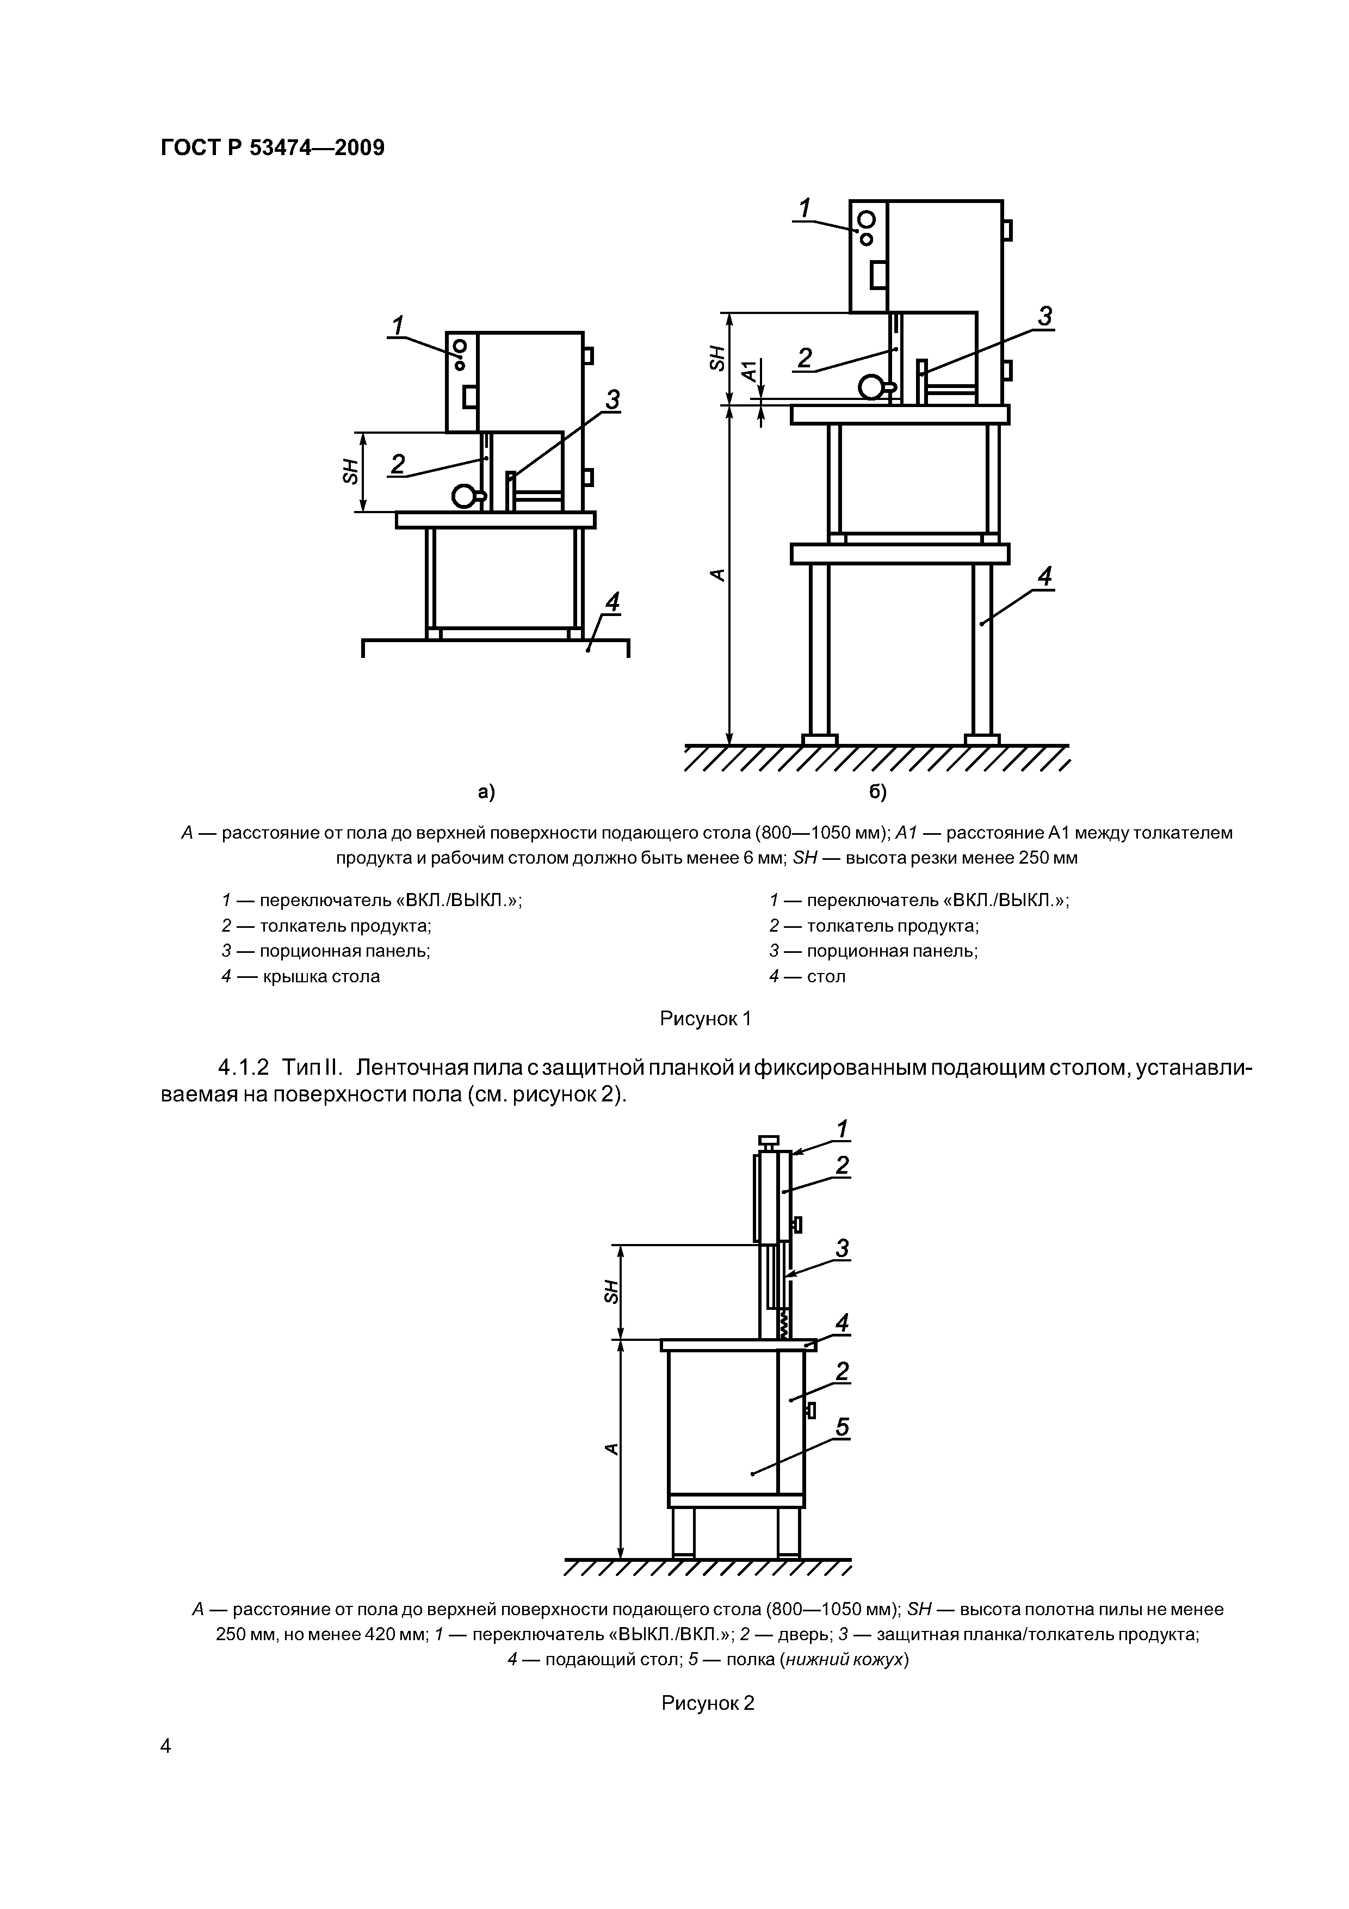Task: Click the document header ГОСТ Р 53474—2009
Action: click(272, 149)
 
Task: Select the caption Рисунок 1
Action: click(705, 1019)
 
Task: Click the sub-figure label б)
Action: click(878, 792)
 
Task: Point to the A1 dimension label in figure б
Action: click(750, 371)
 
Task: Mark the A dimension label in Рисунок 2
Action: click(612, 1449)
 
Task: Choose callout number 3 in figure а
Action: click(612, 401)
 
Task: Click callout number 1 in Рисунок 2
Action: click(842, 1129)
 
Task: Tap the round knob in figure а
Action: click(464, 496)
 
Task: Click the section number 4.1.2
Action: click(244, 1067)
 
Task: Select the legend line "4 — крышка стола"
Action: click(301, 976)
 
